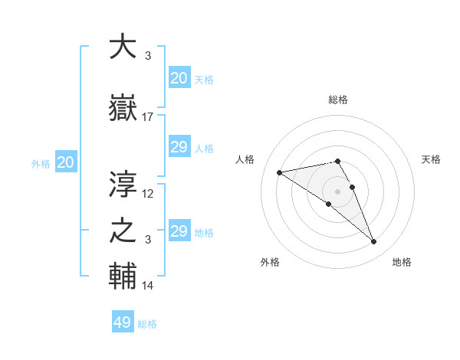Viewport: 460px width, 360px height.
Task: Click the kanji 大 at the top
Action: point(123,47)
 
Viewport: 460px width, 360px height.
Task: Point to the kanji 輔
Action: point(123,277)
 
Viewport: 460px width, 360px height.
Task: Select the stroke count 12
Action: point(148,193)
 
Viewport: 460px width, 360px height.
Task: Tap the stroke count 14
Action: point(148,285)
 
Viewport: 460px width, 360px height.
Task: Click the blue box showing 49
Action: point(123,322)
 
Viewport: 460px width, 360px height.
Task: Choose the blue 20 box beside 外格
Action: point(66,162)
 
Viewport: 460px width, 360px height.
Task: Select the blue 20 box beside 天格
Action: point(179,78)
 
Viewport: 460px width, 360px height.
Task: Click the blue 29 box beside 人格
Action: point(179,147)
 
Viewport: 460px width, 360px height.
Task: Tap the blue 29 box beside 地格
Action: point(179,231)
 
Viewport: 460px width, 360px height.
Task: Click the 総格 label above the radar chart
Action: point(338,100)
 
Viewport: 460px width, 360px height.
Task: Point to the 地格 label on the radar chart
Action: point(402,262)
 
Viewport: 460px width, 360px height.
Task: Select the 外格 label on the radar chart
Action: point(270,262)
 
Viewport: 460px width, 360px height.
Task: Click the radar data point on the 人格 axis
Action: point(280,172)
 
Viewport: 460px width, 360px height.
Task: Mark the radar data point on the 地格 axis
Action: point(373,242)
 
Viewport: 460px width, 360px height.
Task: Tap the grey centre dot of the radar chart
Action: point(337,191)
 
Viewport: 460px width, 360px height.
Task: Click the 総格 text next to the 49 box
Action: point(147,324)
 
